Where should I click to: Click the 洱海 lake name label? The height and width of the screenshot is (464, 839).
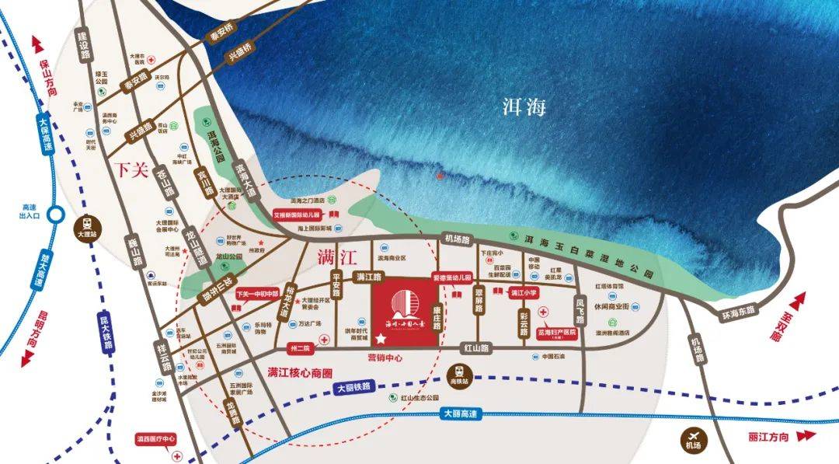[520, 106]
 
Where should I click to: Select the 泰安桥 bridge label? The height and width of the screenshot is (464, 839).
[221, 36]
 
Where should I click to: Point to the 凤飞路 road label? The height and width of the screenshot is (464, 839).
[580, 306]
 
